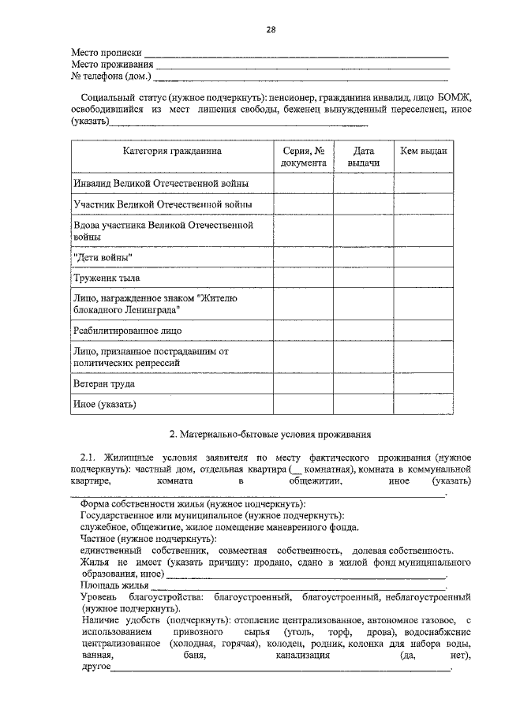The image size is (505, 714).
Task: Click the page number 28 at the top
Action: [x=270, y=29]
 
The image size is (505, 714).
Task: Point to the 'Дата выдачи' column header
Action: [x=363, y=155]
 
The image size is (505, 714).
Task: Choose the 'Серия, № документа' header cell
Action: [x=303, y=155]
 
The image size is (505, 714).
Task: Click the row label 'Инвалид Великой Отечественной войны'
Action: [x=161, y=183]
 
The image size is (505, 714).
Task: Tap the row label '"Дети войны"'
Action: [x=103, y=258]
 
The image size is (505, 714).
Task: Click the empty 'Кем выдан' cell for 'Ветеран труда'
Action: [x=424, y=383]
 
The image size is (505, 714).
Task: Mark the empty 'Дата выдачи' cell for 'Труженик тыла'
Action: [x=363, y=278]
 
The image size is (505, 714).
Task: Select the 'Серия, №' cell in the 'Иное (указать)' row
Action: [x=303, y=405]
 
